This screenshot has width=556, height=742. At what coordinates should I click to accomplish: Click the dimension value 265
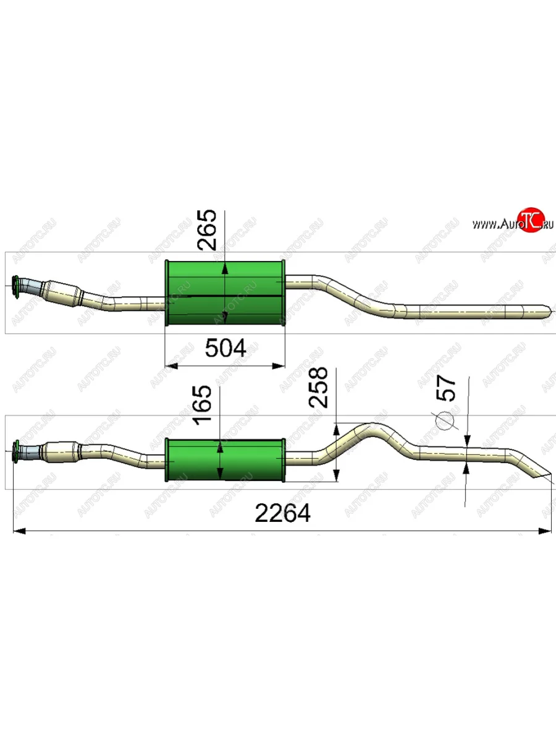pyautogui.click(x=206, y=230)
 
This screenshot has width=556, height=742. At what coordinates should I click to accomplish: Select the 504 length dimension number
pyautogui.click(x=225, y=348)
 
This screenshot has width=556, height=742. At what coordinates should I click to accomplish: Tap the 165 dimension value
pyautogui.click(x=202, y=404)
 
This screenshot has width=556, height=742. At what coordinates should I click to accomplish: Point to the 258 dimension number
pyautogui.click(x=318, y=388)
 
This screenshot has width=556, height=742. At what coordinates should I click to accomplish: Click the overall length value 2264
pyautogui.click(x=282, y=513)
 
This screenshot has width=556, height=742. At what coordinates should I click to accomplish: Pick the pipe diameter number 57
pyautogui.click(x=446, y=388)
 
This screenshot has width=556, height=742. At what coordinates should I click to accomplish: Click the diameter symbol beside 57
pyautogui.click(x=445, y=420)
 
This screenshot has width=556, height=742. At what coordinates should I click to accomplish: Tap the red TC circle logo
pyautogui.click(x=531, y=220)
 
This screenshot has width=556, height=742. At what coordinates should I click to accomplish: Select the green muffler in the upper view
pyautogui.click(x=225, y=292)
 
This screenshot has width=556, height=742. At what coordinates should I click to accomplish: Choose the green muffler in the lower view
pyautogui.click(x=225, y=460)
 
